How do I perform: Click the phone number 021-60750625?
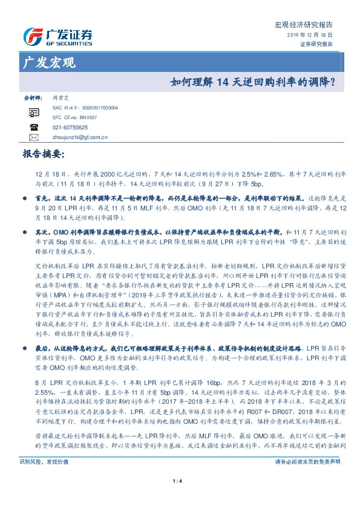click(70, 128)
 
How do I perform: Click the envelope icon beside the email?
click(34, 137)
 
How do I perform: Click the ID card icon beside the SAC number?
click(34, 112)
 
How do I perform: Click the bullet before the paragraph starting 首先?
click(24, 198)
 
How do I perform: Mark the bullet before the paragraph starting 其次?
click(24, 232)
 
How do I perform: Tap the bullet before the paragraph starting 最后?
click(24, 349)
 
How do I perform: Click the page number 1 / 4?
click(179, 497)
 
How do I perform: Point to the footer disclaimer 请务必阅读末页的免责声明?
click(308, 478)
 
